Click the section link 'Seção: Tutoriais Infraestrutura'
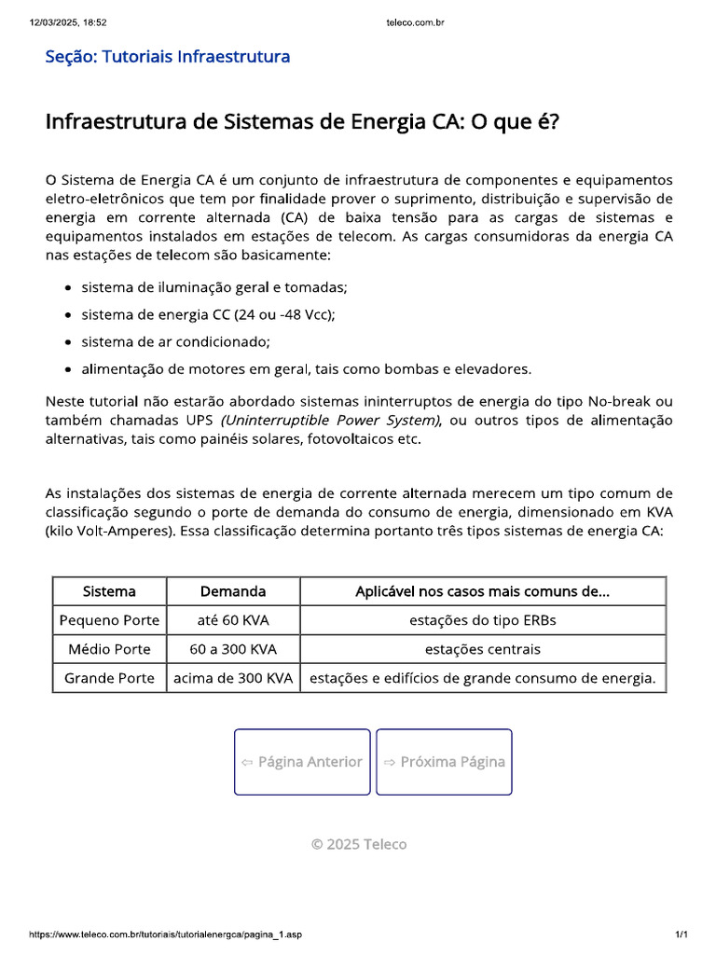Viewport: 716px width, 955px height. pos(168,57)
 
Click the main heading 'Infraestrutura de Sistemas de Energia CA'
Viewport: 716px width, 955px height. pos(302,122)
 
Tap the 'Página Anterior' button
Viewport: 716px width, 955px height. pos(301,762)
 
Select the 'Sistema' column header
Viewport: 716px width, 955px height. pos(109,591)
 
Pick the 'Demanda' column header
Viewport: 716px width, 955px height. pos(233,591)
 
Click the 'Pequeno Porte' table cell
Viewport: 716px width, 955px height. pos(109,620)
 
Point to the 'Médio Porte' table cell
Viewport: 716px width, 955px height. pos(109,649)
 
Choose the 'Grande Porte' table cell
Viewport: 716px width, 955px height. pos(109,678)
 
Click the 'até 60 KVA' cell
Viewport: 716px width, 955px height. pos(233,620)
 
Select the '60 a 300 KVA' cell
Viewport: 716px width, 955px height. pos(233,649)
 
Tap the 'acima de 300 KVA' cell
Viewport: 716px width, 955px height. pos(233,678)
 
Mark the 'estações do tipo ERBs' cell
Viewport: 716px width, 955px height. pos(482,620)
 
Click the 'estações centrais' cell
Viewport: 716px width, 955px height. pos(482,649)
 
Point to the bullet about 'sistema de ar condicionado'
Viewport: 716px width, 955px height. pos(175,341)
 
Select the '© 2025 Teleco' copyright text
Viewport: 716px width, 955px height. pos(358,844)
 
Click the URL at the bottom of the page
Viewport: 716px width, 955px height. pos(166,934)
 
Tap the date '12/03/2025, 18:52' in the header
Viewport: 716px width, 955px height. pos(69,21)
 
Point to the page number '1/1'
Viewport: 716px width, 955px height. pos(681,934)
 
